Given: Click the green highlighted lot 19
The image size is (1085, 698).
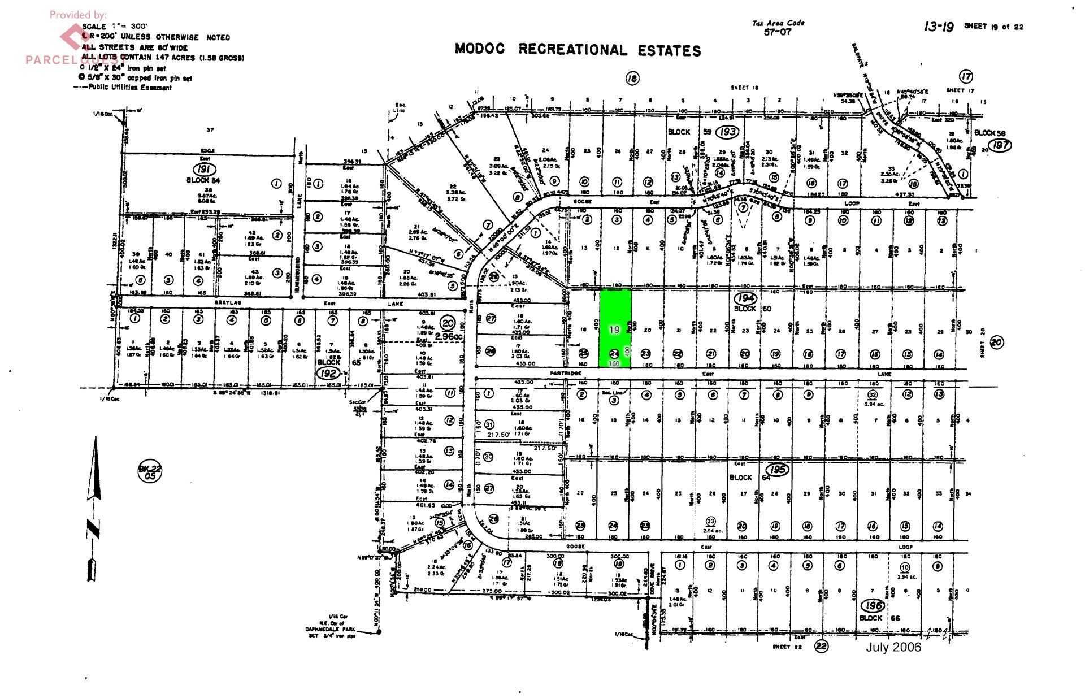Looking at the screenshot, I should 615,328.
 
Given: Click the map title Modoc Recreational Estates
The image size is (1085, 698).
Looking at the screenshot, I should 578,50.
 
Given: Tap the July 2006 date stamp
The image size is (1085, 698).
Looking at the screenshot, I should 893,647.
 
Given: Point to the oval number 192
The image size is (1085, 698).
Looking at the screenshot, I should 328,373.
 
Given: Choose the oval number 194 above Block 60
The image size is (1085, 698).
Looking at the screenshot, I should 745,298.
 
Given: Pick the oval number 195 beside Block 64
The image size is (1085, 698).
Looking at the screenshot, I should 778,470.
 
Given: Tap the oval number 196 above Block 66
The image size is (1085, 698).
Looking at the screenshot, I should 873,606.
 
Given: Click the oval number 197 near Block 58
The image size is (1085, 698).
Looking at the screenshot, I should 1000,145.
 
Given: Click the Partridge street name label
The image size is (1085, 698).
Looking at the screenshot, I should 566,374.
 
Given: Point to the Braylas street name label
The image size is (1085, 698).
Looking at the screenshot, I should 228,304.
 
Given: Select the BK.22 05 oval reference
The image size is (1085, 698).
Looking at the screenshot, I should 150,472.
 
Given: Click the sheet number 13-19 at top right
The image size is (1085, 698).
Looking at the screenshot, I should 938,27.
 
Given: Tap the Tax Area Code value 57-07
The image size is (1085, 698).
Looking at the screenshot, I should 778,32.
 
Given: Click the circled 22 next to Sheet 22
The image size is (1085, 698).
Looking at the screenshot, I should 821,645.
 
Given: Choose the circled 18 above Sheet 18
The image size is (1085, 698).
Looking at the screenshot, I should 632,79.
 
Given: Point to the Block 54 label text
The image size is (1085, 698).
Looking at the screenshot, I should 203,180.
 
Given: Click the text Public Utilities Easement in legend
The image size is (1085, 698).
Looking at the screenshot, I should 130,88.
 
